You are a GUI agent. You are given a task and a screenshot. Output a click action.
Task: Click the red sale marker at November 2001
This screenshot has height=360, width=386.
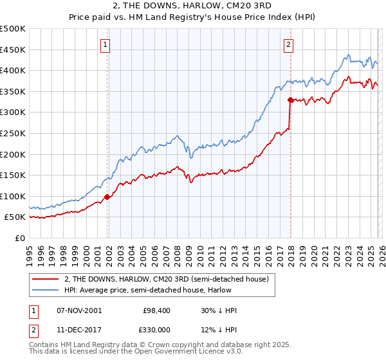point(107,197)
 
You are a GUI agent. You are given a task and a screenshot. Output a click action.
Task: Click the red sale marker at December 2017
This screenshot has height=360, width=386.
point(290,100)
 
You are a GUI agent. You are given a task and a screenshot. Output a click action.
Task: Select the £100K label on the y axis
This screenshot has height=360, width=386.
point(13,196)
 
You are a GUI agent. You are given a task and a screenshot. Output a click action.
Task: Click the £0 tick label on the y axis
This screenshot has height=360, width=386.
point(19,239)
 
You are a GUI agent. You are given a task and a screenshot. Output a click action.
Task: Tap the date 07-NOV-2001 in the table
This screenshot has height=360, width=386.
point(79,310)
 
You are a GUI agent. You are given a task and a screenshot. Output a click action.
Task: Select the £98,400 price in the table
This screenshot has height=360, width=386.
point(155,310)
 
